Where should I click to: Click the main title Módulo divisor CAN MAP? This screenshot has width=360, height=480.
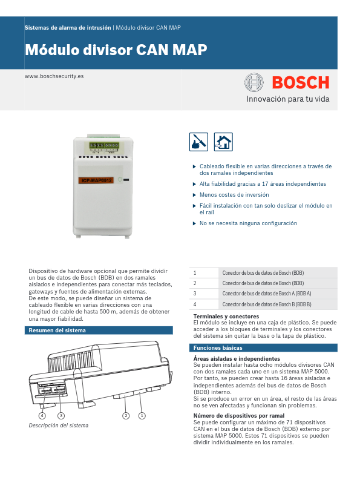coord(116,50)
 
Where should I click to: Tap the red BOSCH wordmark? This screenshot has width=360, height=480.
coord(300,82)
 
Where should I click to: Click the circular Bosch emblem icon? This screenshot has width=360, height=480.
coord(254,82)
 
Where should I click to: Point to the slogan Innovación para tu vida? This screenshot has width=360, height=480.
coord(287,99)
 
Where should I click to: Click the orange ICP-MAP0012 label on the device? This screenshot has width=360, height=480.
coord(97,180)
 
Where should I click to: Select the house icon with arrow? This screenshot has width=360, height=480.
coord(223,142)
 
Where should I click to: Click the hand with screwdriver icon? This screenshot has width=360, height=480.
coord(198,142)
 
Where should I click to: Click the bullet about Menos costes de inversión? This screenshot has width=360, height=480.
coord(234,195)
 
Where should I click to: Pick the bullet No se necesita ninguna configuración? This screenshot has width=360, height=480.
coord(248,223)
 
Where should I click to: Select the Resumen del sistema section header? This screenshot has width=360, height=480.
coord(57,330)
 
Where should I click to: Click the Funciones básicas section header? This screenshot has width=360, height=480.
coord(218,348)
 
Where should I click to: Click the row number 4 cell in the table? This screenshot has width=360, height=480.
coord(195,303)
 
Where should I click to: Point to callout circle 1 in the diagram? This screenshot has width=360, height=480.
coord(142,415)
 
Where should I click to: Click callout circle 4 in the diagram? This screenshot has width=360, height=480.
coord(42,416)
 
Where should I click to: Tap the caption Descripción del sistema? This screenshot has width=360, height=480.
coord(59,426)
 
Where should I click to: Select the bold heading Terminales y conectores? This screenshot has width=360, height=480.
coord(226,317)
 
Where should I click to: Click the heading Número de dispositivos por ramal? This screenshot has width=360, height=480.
coord(238,416)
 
